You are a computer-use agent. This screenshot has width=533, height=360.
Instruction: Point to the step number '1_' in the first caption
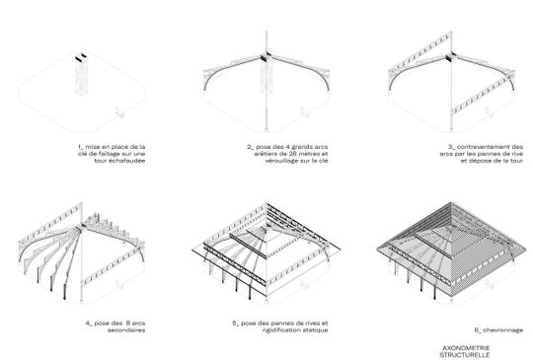(79, 145)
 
